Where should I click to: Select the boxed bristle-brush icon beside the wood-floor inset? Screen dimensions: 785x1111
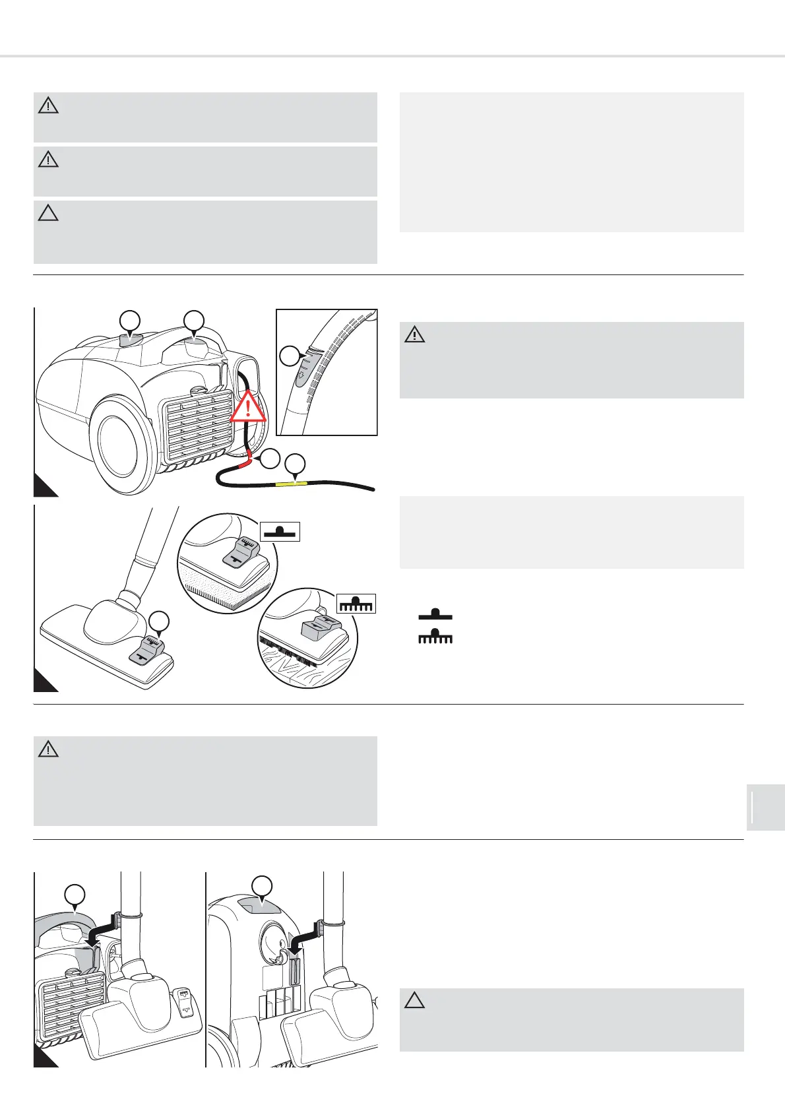(x=356, y=603)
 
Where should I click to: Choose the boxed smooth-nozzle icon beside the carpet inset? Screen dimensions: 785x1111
(x=280, y=531)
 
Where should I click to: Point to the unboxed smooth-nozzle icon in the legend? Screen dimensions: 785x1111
(x=435, y=614)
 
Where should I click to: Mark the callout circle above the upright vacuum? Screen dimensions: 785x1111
(x=263, y=885)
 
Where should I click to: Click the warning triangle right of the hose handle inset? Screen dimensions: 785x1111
(x=415, y=335)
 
